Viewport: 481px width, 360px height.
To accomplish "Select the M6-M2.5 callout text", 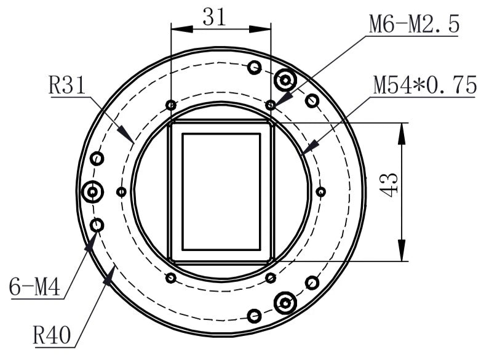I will pyautogui.click(x=413, y=24).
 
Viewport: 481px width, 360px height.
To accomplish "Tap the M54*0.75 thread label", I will pyautogui.click(x=424, y=86).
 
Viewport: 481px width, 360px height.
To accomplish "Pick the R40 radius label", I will pyautogui.click(x=52, y=336).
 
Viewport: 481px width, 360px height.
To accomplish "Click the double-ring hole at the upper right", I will pyautogui.click(x=285, y=79).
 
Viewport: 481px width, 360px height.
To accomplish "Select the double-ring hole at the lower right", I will pyautogui.click(x=285, y=303).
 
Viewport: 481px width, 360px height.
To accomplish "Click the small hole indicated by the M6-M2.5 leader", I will pyautogui.click(x=270, y=105).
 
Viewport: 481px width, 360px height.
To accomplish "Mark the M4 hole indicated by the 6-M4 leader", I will pyautogui.click(x=97, y=226).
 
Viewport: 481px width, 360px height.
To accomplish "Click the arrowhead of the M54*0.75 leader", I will pyautogui.click(x=311, y=147).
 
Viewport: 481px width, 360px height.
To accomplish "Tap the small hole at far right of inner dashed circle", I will pyautogui.click(x=320, y=191).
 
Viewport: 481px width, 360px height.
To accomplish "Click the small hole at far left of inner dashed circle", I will pyautogui.click(x=121, y=192).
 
